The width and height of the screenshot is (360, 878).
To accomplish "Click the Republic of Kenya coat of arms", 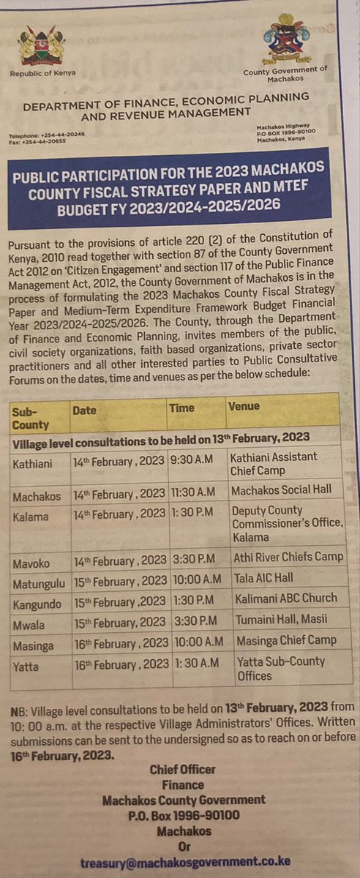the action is coord(41,45).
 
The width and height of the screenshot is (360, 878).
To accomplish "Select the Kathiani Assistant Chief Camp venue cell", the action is coord(274,464).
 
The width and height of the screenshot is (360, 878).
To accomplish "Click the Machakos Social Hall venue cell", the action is coord(281,489).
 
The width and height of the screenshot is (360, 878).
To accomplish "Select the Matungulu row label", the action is coord(40,582).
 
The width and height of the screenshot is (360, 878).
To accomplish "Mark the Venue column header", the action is coord(244,406).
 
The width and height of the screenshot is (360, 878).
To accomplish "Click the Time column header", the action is coord(181,408).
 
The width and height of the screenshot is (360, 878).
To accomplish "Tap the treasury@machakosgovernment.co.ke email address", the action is coord(186,862).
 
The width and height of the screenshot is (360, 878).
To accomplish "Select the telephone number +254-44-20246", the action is coord(59,135).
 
